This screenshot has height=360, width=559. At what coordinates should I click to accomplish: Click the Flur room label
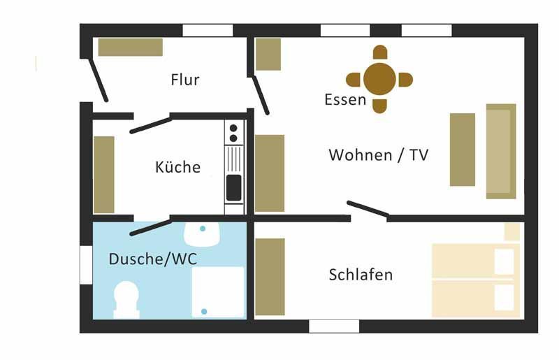pos(185,80)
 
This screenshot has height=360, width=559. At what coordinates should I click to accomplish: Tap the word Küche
pos(177,168)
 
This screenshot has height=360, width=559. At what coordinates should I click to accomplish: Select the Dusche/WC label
pos(152,259)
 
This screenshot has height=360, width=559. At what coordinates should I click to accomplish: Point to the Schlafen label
pos(361,275)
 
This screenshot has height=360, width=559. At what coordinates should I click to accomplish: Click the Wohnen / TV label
pos(378,155)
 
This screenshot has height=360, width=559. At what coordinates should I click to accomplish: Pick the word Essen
pos(345,100)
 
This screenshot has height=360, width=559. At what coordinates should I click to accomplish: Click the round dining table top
pos(379,78)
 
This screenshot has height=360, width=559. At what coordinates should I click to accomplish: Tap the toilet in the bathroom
pos(126,299)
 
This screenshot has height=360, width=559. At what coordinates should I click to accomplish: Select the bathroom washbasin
pos(203,234)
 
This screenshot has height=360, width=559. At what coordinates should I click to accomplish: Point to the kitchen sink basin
pos(233,187)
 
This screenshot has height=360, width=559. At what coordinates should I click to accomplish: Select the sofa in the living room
pos(501,151)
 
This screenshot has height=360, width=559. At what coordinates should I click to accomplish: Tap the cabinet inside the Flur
pos(130,47)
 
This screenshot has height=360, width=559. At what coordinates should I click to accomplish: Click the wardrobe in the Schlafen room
pos(270,277)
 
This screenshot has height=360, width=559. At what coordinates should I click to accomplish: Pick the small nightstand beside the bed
pos(512,232)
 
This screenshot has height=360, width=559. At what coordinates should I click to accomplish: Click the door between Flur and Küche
pos(150,124)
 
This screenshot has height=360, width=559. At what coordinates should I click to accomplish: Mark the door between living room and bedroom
pos(368,208)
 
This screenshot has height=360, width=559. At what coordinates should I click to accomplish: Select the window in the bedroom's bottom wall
pos(334,326)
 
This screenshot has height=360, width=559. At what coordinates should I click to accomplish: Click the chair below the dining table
pos(379,106)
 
